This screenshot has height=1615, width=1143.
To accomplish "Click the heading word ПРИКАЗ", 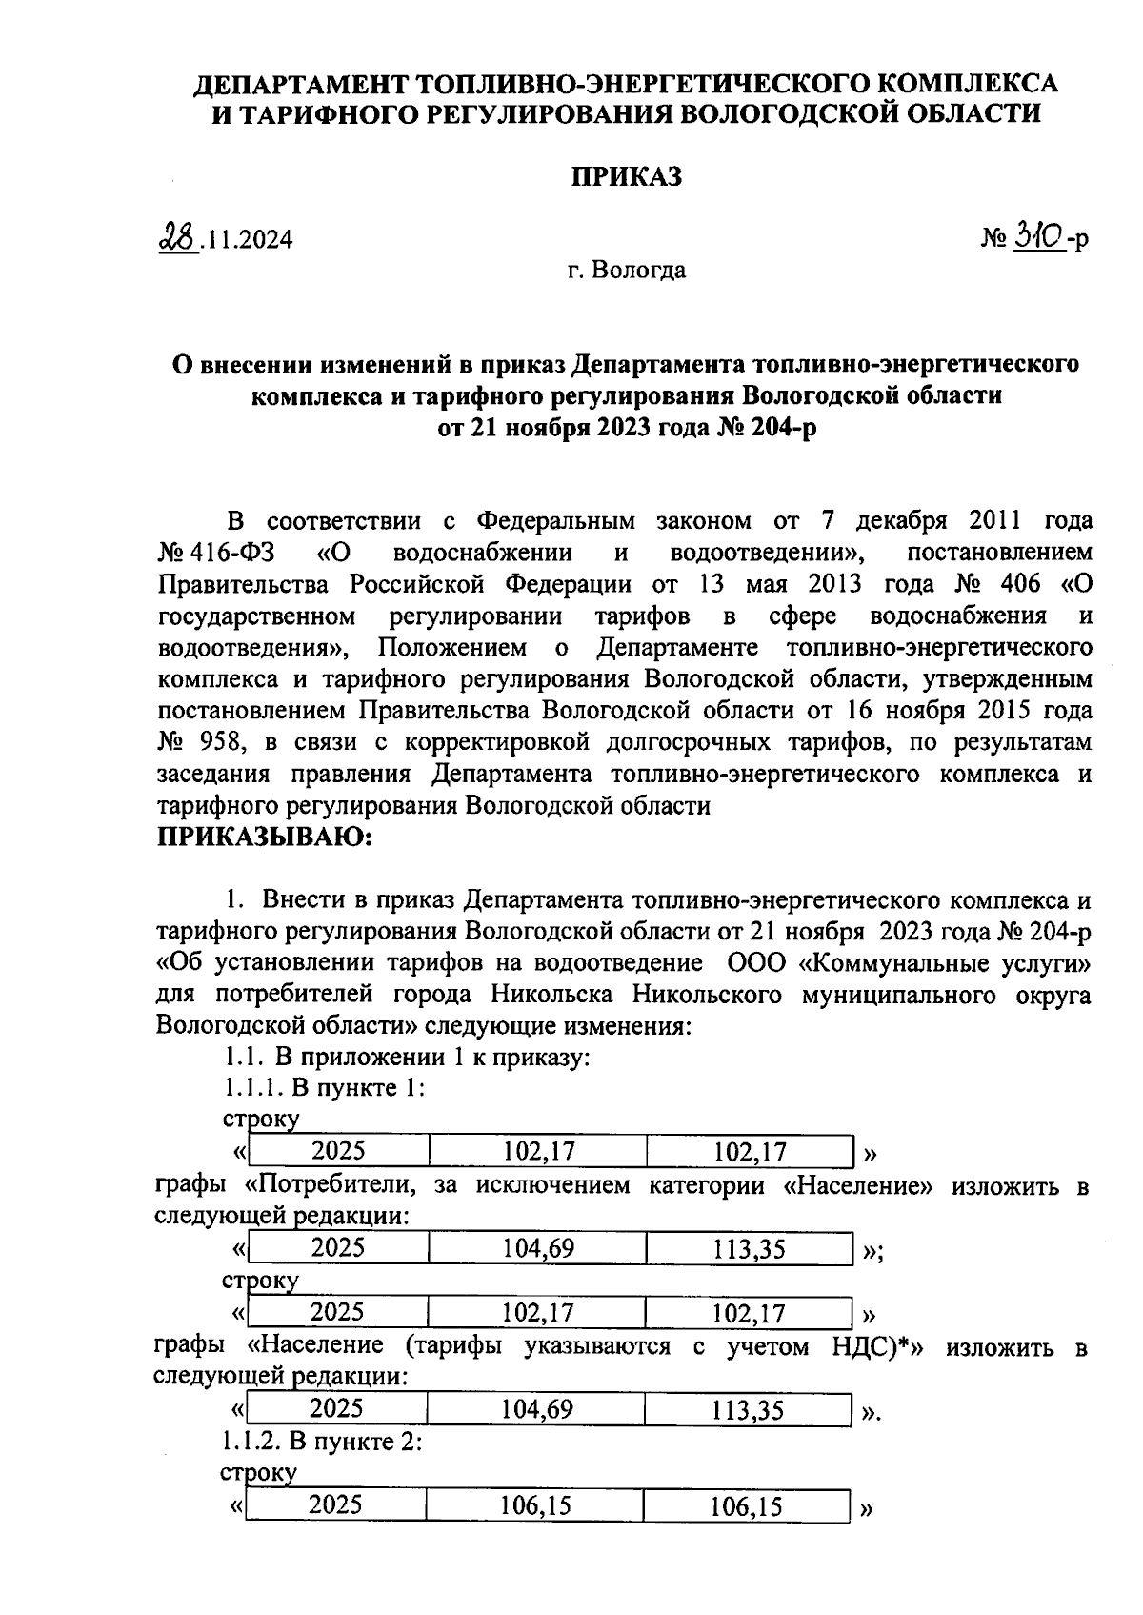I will pyautogui.click(x=627, y=176).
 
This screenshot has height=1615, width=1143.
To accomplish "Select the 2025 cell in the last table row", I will pyautogui.click(x=336, y=1505).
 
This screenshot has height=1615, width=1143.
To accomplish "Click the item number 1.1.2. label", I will pyautogui.click(x=251, y=1443).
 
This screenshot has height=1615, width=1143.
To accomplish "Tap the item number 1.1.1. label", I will pyautogui.click(x=252, y=1088).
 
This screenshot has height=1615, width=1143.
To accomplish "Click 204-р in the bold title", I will pyautogui.click(x=782, y=428).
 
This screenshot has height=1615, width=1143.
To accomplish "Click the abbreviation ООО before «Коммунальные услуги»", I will pyautogui.click(x=756, y=963).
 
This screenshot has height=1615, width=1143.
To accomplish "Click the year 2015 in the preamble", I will pyautogui.click(x=989, y=711).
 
